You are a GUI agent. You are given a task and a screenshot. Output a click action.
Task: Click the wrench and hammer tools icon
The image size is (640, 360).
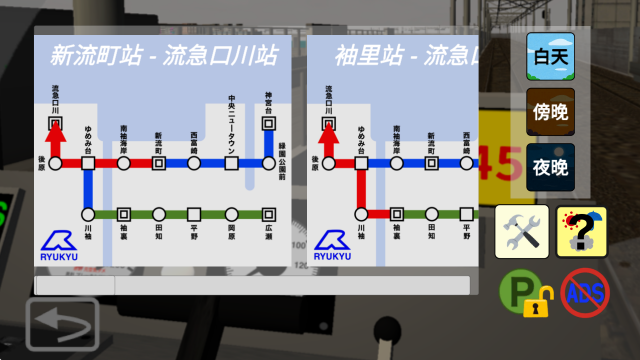click(523, 232)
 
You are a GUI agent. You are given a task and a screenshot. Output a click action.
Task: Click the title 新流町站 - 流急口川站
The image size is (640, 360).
click(164, 53)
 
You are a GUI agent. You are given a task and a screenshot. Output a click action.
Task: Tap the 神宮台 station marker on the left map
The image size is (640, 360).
click(268, 124)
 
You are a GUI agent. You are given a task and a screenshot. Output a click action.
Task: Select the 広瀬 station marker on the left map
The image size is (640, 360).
click(268, 214)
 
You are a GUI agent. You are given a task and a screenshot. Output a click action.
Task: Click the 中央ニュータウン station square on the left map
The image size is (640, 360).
click(232, 163)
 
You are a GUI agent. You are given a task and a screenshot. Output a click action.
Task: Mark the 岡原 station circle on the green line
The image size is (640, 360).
click(232, 214)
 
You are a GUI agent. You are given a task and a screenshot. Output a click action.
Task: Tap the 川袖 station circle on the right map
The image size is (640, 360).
click(360, 214)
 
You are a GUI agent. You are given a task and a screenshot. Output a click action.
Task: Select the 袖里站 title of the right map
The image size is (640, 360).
click(364, 53)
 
